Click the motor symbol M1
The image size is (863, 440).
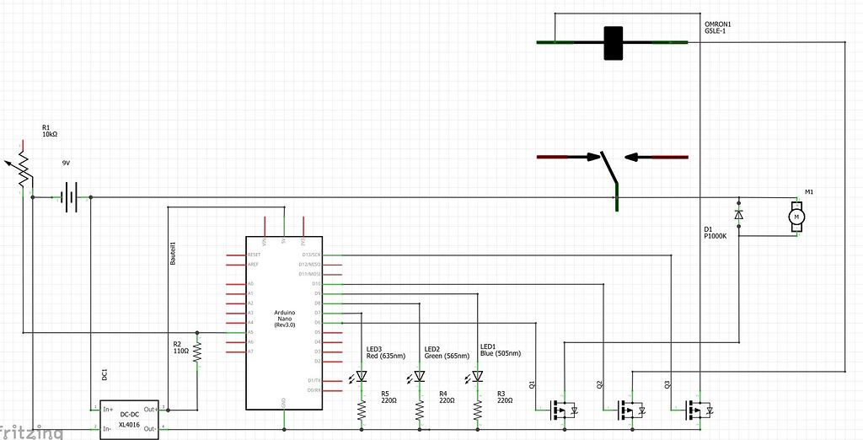pos(796,217)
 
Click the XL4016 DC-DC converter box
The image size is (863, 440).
pos(129,419)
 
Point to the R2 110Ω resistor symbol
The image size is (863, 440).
pos(197,351)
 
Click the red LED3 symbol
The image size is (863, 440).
pos(362,376)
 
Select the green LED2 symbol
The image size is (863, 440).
pos(420,376)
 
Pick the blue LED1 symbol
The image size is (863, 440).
pos(477,376)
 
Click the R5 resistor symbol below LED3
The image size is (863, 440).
pos(362,410)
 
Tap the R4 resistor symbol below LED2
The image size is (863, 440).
pos(420,410)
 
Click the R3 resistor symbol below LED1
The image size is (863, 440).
pos(477,410)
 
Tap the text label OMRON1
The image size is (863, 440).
pos(718,24)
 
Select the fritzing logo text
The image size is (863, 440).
pos(31,432)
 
